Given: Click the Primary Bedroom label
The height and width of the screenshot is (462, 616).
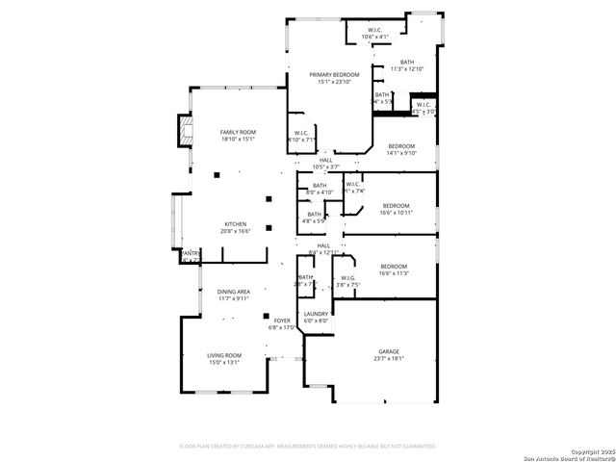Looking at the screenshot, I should click(x=334, y=74).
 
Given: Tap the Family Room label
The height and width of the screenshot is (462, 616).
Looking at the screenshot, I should click(x=238, y=132).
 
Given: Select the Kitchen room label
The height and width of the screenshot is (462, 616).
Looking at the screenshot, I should click(x=237, y=223).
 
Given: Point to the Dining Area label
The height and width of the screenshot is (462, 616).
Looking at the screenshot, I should click(x=234, y=292).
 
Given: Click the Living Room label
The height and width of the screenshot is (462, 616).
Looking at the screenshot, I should click(x=224, y=355).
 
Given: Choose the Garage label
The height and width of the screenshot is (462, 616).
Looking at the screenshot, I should click(x=388, y=351).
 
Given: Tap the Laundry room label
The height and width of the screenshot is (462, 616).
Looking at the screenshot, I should click(x=316, y=314).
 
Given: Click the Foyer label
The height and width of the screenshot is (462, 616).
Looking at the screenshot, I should click(x=282, y=321).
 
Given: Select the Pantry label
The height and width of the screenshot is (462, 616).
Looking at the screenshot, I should click(x=190, y=253).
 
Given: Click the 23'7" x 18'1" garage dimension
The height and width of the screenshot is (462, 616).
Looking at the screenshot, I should click(x=388, y=359).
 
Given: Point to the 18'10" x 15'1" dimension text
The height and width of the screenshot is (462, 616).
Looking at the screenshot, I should click(x=238, y=140).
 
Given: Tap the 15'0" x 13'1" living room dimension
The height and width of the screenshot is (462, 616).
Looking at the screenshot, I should click(x=224, y=363).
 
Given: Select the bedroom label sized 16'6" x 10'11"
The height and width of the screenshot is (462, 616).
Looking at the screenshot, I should click(x=396, y=205).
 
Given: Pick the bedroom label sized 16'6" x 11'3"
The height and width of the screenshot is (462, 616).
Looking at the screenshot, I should click(x=394, y=267).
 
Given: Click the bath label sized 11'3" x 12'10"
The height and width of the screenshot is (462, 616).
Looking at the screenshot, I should click(x=409, y=62).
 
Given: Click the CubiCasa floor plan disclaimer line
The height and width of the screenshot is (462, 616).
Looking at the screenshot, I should click(x=308, y=446).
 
